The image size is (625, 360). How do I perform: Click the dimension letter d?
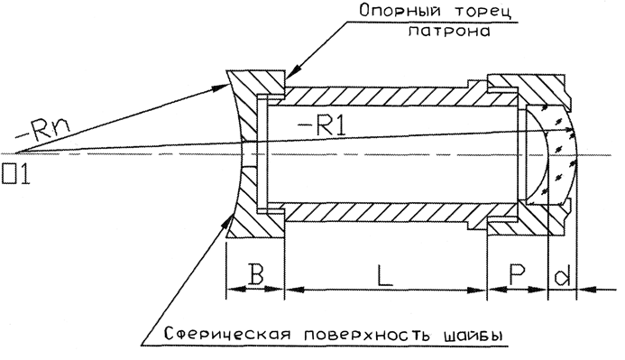[x=562, y=275]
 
